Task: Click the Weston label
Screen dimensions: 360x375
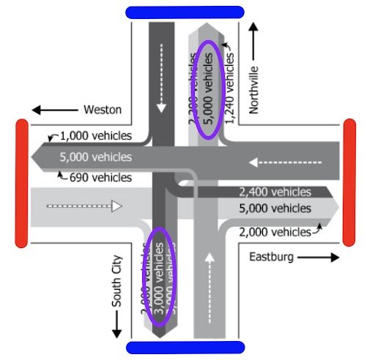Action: tap(103, 110)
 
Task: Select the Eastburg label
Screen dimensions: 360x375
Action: tap(271, 257)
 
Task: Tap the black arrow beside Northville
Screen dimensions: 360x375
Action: tap(254, 40)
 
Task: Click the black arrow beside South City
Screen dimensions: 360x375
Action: tap(116, 325)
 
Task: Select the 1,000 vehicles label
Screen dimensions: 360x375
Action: tap(96, 136)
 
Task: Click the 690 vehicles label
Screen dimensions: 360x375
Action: tap(100, 177)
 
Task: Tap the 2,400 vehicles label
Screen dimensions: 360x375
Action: tap(275, 192)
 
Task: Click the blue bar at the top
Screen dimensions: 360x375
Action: tap(185, 12)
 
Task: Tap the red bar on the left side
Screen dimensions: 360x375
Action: tap(22, 183)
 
